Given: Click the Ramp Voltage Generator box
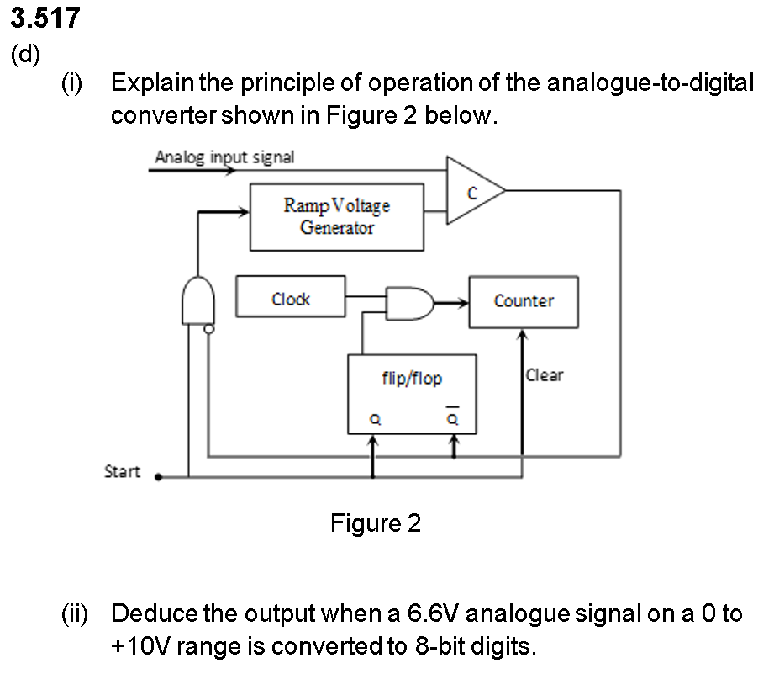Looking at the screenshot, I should [336, 216].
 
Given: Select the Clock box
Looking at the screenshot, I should [291, 297].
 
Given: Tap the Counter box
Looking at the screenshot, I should [524, 301].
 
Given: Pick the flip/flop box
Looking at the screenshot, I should [412, 394].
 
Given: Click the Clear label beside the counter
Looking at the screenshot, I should [545, 375].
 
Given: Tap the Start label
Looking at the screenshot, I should [122, 471].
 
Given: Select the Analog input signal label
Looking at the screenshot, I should [224, 157].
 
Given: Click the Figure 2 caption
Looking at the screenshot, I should [376, 523].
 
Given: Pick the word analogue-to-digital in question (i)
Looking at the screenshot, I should [645, 82].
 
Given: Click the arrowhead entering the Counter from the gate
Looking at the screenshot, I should [462, 300].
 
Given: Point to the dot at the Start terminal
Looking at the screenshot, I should [160, 477].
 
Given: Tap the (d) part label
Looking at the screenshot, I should [25, 55].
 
